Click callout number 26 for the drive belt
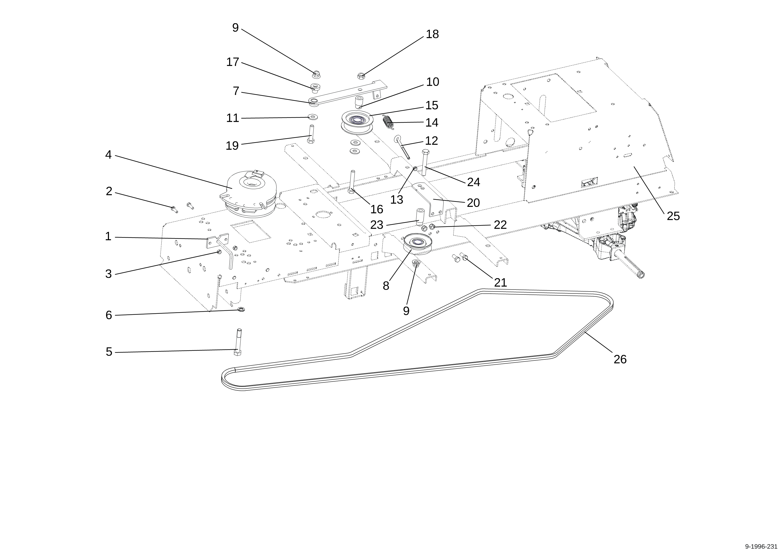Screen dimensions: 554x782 620,359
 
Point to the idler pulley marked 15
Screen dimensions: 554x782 357,122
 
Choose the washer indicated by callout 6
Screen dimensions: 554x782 241,309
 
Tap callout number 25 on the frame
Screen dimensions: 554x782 673,216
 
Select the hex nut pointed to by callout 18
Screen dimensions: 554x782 361,75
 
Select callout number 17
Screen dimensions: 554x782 233,62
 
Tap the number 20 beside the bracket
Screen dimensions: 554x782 473,203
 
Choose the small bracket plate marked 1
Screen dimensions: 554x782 217,240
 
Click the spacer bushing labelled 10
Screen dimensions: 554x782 359,102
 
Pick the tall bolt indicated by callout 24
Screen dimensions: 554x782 425,163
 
